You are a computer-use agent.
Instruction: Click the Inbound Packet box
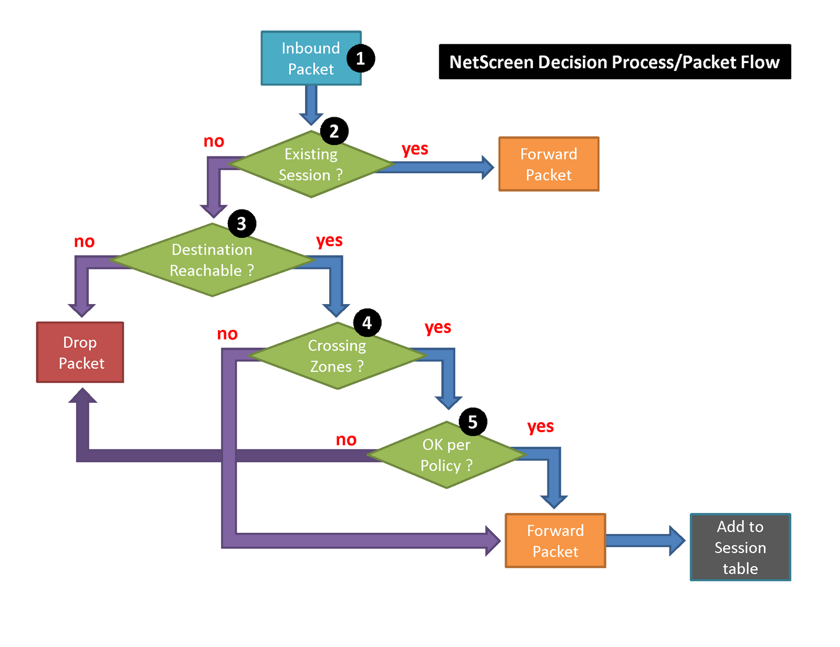tap(311, 58)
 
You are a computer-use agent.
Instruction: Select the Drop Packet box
tap(80, 352)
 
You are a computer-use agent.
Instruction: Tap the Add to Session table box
tap(740, 547)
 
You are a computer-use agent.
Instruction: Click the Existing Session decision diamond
tap(311, 164)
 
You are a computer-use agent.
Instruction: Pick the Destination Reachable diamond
tap(212, 260)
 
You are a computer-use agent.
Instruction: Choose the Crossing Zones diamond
tap(337, 356)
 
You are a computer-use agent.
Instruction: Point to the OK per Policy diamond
tap(446, 455)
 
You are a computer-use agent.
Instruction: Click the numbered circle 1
tap(360, 58)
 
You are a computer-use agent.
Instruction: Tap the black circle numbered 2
tap(334, 131)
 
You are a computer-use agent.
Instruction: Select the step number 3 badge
tap(241, 223)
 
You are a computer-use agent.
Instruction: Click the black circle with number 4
tap(367, 323)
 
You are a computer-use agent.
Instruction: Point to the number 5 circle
tap(472, 422)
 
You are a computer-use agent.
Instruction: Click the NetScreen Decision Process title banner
tap(615, 61)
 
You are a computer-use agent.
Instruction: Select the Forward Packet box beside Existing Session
tap(549, 164)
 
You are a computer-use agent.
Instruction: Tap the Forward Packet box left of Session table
tap(555, 540)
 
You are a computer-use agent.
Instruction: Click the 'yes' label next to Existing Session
tap(415, 149)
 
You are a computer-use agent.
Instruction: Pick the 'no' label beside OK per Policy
tap(346, 440)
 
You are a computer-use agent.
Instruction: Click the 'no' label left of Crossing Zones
tap(227, 334)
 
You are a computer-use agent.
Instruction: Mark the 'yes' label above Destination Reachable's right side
tap(329, 241)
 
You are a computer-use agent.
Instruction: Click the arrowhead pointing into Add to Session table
tap(677, 540)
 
